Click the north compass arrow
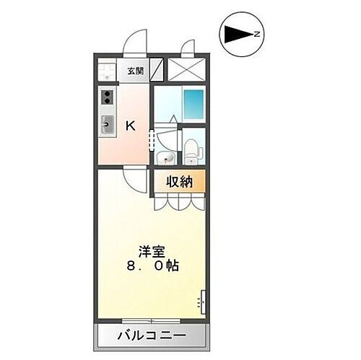[x=240, y=33]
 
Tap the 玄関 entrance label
[x=135, y=71]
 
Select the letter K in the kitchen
[x=131, y=126]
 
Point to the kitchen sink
[x=108, y=125]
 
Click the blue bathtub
[x=193, y=105]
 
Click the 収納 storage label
[x=180, y=182]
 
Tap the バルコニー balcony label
[x=152, y=335]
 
